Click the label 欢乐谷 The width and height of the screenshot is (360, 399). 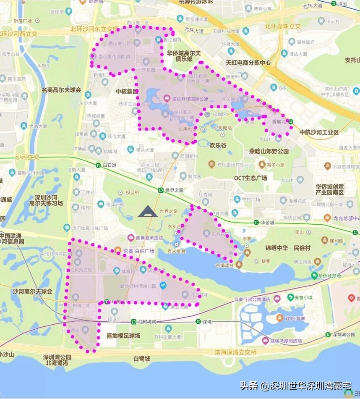pos(218,145)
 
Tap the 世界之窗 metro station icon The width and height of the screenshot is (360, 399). pos(161,190)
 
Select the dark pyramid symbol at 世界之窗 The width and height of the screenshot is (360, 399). pos(148,212)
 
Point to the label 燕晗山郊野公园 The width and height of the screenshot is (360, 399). pos(269,151)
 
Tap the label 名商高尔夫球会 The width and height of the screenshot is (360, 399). pos(61,90)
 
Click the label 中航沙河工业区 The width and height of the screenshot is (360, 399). pos(319,132)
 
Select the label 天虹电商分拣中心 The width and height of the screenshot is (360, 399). pos(248,63)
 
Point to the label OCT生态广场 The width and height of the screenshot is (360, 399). pos(250,178)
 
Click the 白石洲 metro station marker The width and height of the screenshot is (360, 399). pos(98,165)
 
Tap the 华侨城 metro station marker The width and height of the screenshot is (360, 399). pos(256,223)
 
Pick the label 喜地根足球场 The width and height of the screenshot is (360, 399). pos(123,336)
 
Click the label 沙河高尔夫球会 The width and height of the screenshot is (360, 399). pos(32,291)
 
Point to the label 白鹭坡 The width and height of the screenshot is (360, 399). pos(141,358)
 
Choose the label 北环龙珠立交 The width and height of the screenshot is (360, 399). pos(283,26)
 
